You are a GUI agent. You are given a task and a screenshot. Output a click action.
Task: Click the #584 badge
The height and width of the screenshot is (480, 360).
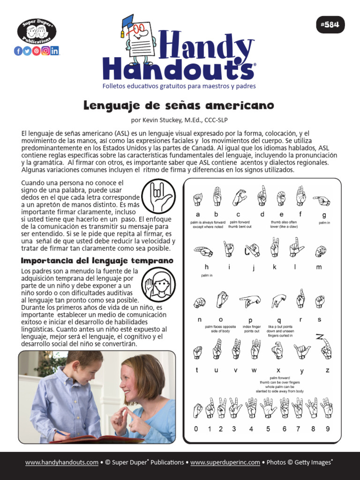coord(330,24)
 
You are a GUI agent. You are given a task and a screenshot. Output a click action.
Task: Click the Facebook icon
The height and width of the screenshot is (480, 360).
coord(18,51)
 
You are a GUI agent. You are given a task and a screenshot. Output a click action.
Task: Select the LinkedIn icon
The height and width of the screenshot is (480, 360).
coord(55,51)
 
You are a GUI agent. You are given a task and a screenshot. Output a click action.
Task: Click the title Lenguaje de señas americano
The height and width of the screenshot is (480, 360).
coord(179,105)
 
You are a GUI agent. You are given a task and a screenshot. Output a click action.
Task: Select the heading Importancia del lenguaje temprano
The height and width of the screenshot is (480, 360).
coord(97,260)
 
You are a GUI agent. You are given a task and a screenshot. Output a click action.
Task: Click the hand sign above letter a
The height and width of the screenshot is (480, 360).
coord(198,199)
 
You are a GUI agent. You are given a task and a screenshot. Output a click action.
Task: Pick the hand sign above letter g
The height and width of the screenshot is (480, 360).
coord(322,201)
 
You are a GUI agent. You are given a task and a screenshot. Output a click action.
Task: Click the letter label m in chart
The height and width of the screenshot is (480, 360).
coord(320,267)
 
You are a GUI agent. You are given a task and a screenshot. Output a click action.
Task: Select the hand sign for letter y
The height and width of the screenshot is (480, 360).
coord(302,351)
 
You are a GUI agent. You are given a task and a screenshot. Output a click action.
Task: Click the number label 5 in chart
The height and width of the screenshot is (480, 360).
coord(268,428)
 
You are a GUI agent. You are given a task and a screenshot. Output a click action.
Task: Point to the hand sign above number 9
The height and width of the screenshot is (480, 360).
coord(327,408)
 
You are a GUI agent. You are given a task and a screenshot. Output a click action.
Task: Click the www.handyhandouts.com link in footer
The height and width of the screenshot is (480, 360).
coord(62,463)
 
